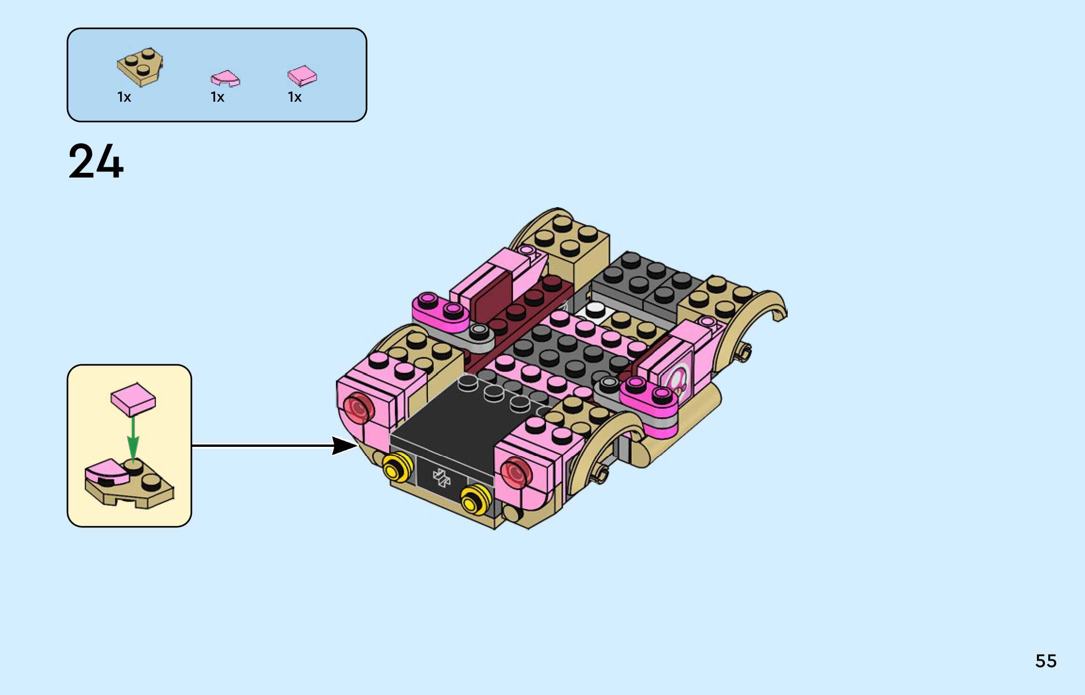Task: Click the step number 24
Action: (96, 161)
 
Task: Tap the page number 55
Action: (1046, 661)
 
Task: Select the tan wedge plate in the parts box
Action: (140, 67)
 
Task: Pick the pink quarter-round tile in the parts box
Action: (225, 79)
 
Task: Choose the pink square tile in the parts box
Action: (302, 76)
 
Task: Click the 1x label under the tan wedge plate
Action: (124, 97)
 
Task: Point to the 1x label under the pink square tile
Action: (294, 97)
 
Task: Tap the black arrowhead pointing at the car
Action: (344, 445)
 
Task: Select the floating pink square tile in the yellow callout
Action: (133, 399)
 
